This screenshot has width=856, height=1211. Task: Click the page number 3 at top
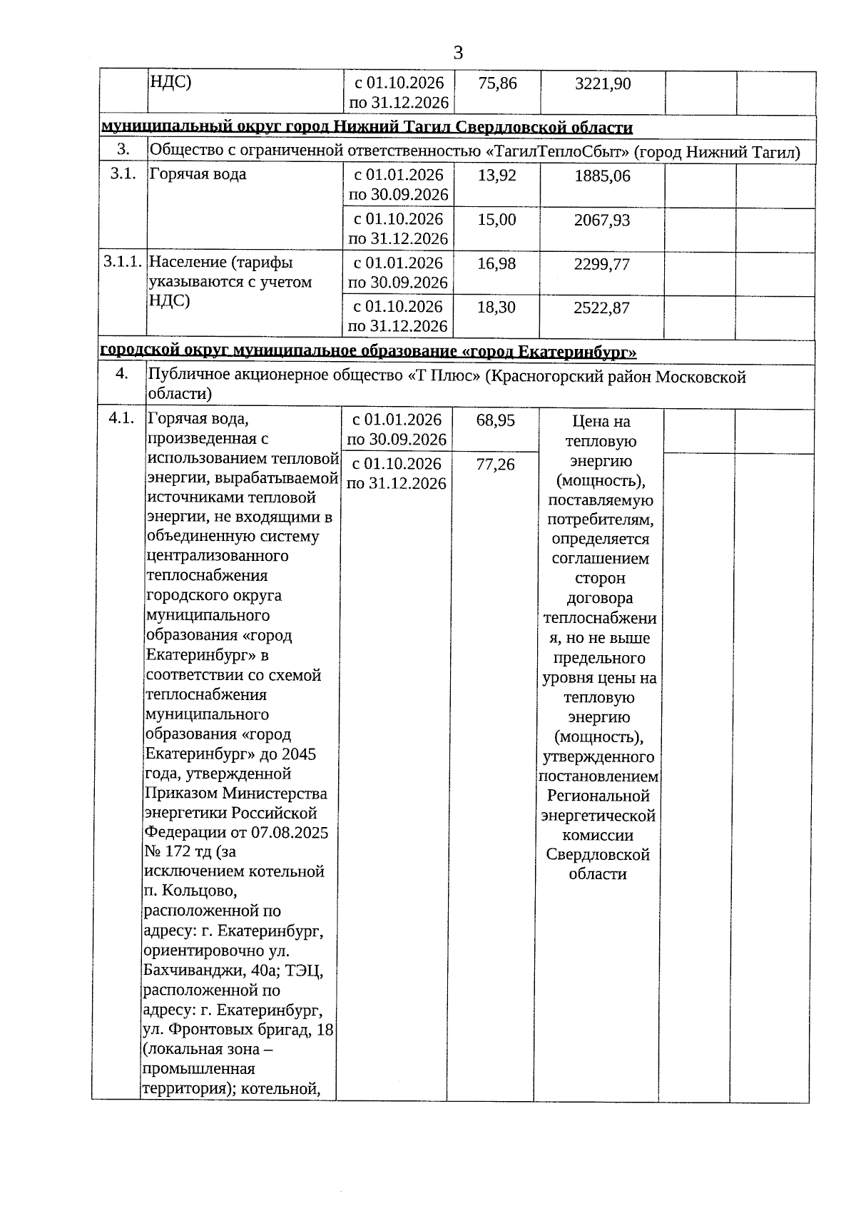click(458, 52)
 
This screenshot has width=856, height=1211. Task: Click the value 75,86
click(497, 83)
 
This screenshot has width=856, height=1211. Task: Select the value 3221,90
click(603, 84)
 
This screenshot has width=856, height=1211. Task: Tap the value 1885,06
click(603, 176)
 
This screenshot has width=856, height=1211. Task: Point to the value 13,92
click(496, 175)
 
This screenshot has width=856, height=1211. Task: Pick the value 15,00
click(496, 220)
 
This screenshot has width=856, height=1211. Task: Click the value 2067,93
click(603, 220)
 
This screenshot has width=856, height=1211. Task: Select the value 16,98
click(496, 264)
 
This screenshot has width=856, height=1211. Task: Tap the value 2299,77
click(603, 265)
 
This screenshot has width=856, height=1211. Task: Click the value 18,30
click(496, 308)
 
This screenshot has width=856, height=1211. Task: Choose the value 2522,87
click(603, 308)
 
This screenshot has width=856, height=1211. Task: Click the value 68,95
click(495, 420)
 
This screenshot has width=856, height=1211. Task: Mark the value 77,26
click(495, 465)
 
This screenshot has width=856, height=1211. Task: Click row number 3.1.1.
click(123, 262)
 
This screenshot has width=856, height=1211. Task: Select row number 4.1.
click(122, 418)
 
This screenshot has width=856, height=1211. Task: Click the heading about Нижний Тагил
click(367, 128)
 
